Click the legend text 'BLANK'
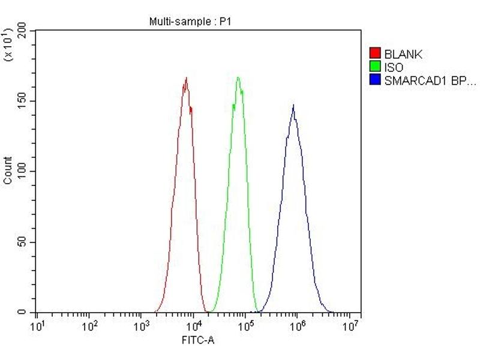click(x=403, y=55)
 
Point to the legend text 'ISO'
click(x=394, y=68)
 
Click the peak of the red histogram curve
click(x=186, y=78)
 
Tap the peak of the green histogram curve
click(x=238, y=77)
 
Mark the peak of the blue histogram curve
click(x=293, y=106)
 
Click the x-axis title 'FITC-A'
click(x=198, y=340)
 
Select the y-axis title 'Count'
click(x=8, y=170)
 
